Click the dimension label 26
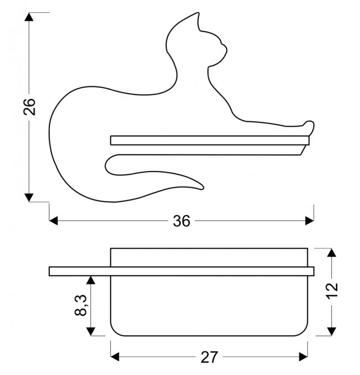29,107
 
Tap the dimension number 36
182,221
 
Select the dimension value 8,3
81,305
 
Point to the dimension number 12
332,291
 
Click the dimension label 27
209,357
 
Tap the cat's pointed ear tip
198,13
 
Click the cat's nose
227,49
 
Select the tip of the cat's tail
202,188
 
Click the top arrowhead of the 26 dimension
29,17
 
